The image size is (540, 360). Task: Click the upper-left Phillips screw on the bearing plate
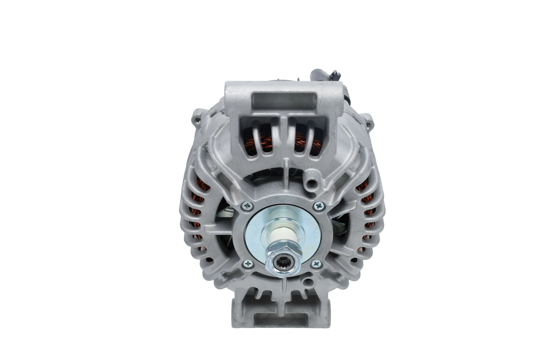(x=248, y=206)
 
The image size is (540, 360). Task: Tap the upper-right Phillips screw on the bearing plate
(x=319, y=206)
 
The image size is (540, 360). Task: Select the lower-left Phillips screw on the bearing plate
(x=248, y=264)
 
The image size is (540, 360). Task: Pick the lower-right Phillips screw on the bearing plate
(x=316, y=264)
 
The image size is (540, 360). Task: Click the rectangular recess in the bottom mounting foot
(x=281, y=320)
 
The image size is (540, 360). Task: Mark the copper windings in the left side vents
(x=199, y=211)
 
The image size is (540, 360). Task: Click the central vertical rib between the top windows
(x=283, y=135)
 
